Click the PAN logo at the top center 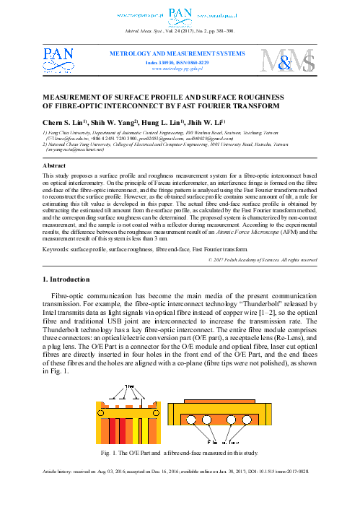point(180,13)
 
